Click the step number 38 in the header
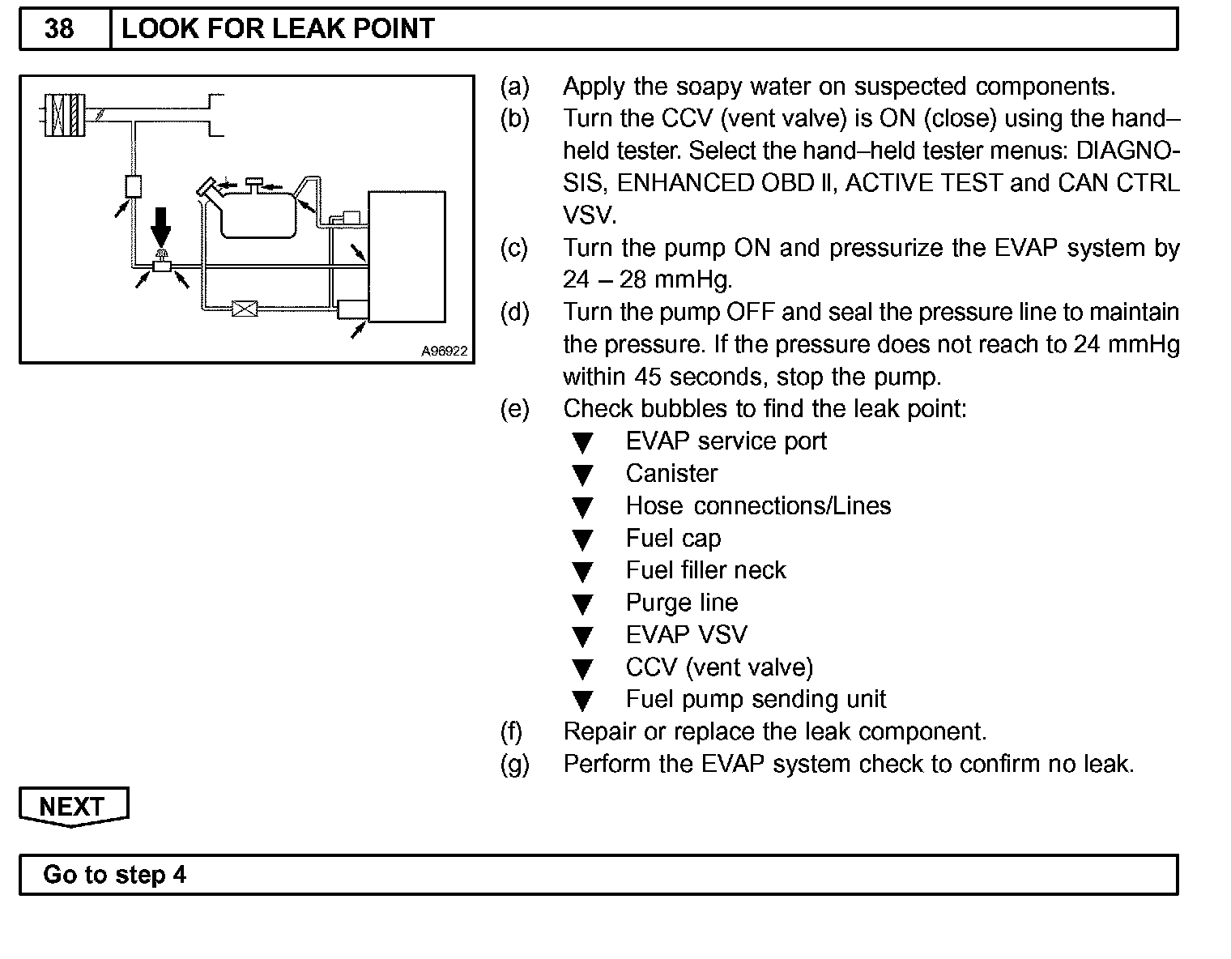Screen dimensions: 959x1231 [59, 29]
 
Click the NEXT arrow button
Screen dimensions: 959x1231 [72, 807]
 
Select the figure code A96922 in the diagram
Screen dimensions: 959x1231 [444, 352]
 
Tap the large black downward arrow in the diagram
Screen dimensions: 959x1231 [161, 225]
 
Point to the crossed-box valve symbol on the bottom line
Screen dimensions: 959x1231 [244, 309]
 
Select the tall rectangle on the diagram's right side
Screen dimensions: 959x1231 [407, 257]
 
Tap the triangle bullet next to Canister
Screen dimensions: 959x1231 [582, 475]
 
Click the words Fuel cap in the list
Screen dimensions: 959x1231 [673, 539]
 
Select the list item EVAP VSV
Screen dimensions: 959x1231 [686, 635]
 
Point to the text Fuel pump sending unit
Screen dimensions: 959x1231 [756, 699]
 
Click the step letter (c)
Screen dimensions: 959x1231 [514, 248]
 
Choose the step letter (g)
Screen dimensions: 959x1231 [514, 764]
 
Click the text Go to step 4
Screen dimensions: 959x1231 [114, 875]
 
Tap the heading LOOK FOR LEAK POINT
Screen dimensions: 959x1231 [278, 29]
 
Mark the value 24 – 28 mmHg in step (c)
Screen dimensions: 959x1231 [647, 280]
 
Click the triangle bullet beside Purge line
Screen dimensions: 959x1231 [582, 604]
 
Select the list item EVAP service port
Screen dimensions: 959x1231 [726, 441]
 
